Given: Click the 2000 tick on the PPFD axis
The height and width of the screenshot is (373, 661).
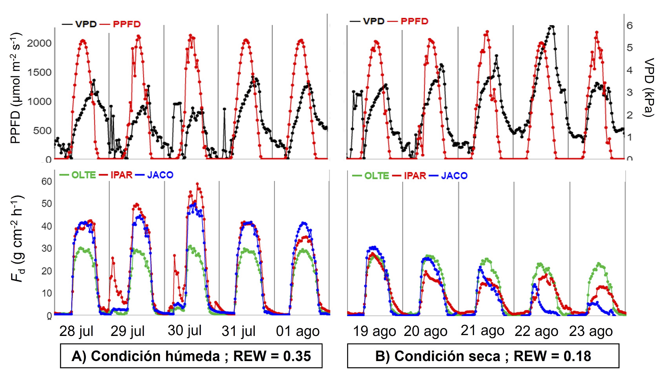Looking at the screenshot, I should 39,43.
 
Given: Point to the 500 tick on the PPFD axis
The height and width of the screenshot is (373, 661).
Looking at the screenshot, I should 43,131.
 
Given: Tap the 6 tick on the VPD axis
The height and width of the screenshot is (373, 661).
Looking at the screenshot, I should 630,26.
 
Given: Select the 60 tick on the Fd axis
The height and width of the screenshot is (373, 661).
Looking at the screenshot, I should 47,181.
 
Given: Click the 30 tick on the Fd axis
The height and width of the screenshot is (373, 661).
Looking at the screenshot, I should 47,248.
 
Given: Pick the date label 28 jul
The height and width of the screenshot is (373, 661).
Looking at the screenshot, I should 76,331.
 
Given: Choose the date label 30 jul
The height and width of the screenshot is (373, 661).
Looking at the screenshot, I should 185,330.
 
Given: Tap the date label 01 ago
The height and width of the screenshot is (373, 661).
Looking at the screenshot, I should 297,332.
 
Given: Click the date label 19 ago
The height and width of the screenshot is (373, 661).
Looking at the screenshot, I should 374,331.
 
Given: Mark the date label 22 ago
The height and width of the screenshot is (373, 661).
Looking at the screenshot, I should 536,332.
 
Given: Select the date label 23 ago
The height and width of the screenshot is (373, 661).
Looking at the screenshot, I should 590,331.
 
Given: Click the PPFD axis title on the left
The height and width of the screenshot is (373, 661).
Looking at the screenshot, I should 16,88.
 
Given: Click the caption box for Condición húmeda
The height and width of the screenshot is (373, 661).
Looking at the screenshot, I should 191,356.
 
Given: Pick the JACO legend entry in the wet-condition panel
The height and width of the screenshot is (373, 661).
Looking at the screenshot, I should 160,175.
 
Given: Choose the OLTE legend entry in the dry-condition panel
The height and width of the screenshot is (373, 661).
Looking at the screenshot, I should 376,176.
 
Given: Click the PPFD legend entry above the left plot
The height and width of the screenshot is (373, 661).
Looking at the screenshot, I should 126,24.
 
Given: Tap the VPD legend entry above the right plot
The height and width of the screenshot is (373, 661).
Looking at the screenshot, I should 374,21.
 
